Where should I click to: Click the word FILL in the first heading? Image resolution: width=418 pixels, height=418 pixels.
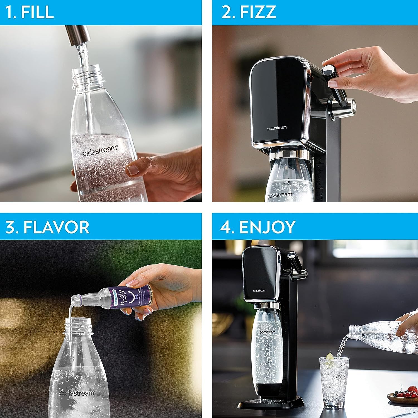(x=37, y=12)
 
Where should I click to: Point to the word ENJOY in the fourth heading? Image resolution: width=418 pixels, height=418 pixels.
(x=267, y=227)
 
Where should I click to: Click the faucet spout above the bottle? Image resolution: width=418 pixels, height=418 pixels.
(x=77, y=35)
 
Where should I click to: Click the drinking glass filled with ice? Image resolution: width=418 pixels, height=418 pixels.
(x=334, y=382)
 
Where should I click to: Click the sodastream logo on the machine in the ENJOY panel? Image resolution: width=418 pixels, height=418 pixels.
(x=259, y=291)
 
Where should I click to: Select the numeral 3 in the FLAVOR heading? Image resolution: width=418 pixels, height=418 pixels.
(x=11, y=227)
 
